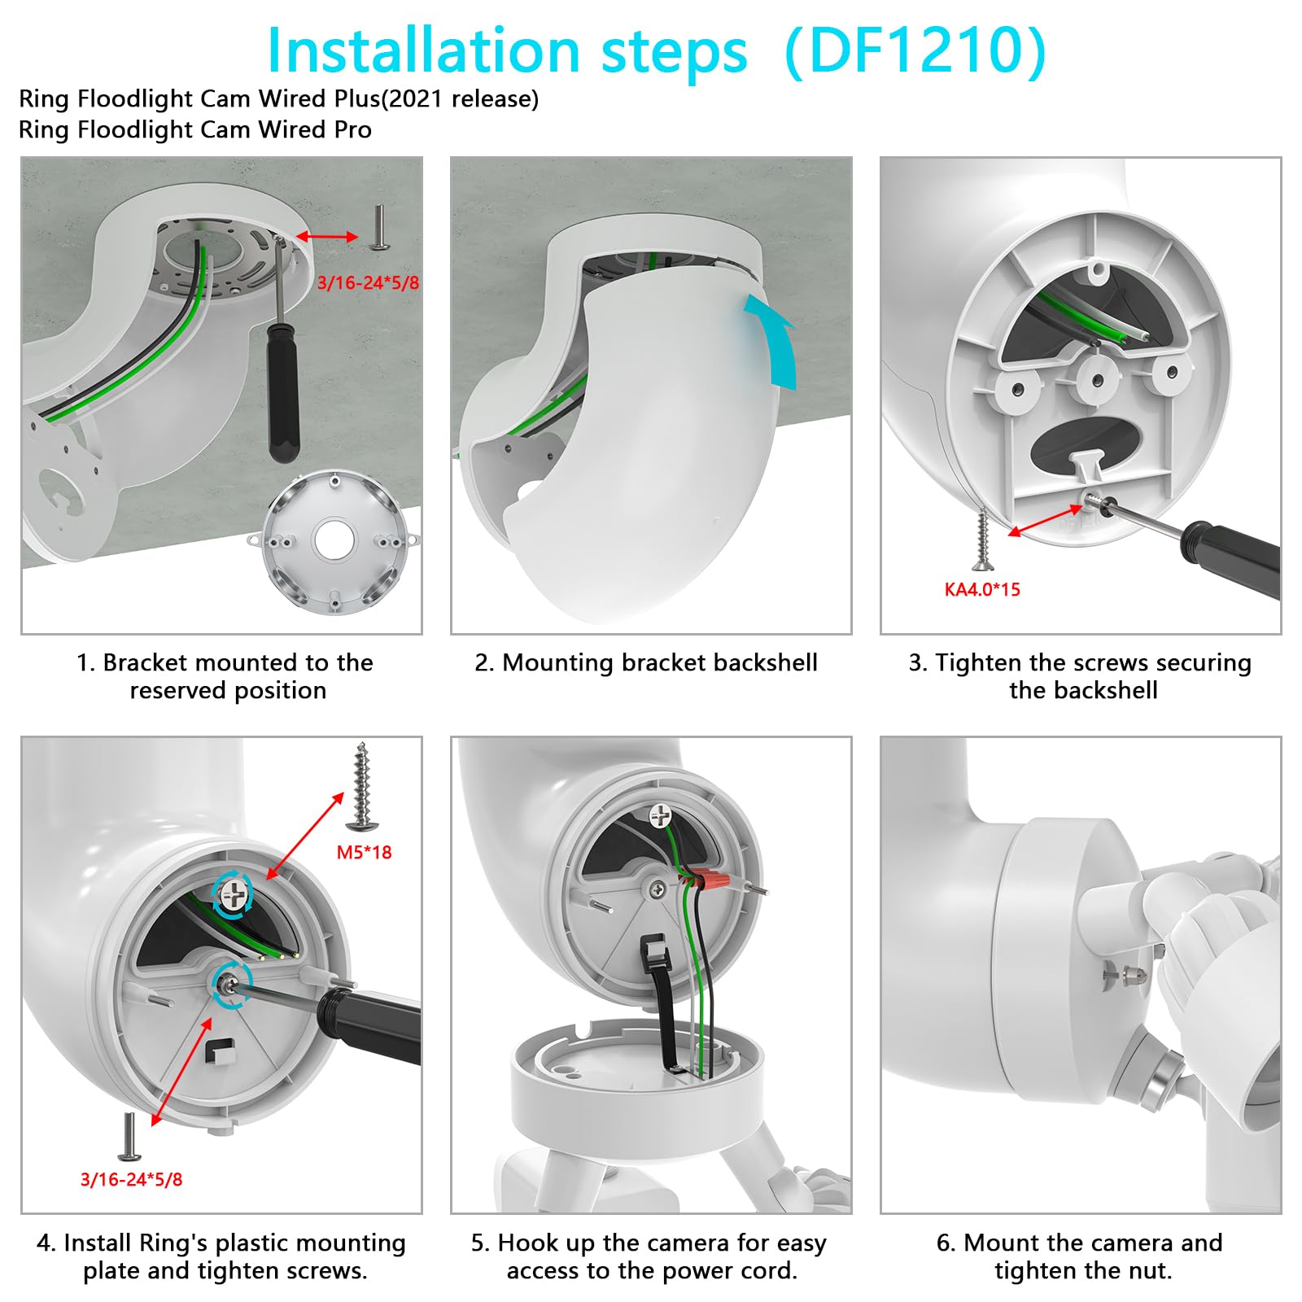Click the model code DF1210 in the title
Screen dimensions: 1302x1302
915,51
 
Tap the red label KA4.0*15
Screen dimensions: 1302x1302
981,589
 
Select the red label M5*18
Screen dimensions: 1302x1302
364,852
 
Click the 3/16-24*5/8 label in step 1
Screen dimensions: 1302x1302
368,283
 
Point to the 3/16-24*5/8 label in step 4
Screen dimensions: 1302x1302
131,1179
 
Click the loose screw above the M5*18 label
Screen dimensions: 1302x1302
362,785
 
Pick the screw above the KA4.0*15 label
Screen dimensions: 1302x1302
982,538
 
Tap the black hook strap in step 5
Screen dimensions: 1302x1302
662,1001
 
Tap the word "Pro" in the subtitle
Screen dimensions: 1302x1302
354,129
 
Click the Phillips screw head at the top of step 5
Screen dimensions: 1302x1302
660,813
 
